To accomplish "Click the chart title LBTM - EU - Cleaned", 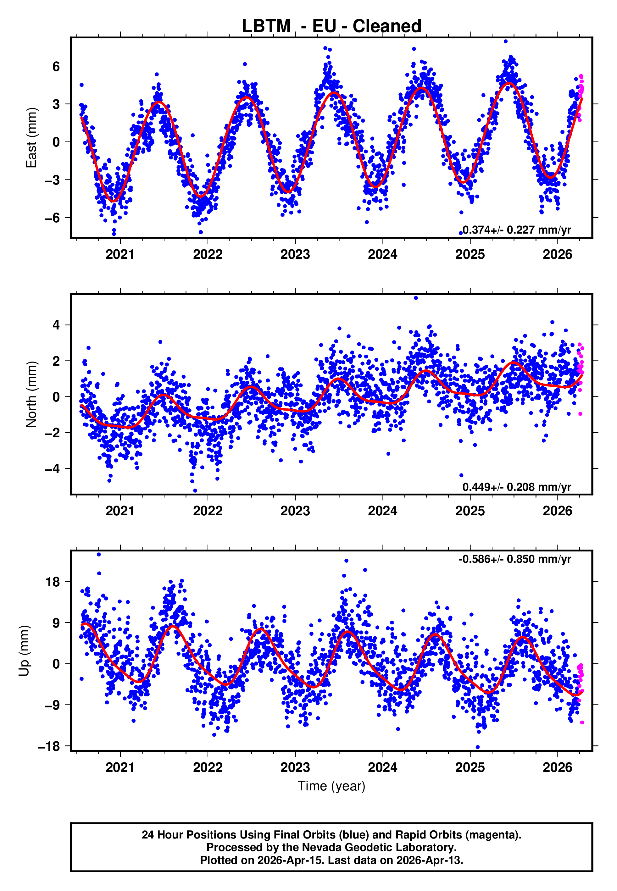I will (x=331, y=26).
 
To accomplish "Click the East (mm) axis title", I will (x=31, y=138).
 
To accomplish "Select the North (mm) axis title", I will (x=31, y=394).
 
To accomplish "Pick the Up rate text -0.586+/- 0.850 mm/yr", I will (x=514, y=559).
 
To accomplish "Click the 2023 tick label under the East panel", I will (x=295, y=254).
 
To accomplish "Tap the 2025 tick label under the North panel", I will (x=470, y=511).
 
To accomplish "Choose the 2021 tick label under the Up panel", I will (x=120, y=767).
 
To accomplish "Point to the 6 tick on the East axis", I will (x=56, y=66).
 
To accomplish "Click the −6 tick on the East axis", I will (x=53, y=218).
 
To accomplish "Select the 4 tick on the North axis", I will (x=56, y=325).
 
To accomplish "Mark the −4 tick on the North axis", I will (x=53, y=469).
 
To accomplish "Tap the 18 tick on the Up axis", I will (x=53, y=582).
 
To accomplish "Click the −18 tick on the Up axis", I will (x=49, y=746).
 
